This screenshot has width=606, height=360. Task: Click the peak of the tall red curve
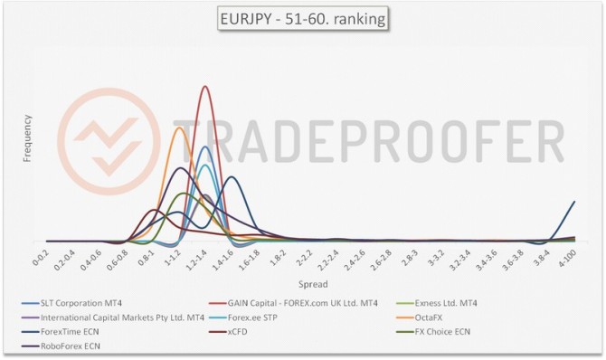point(205,87)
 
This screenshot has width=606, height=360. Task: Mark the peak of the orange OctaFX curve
point(178,128)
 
